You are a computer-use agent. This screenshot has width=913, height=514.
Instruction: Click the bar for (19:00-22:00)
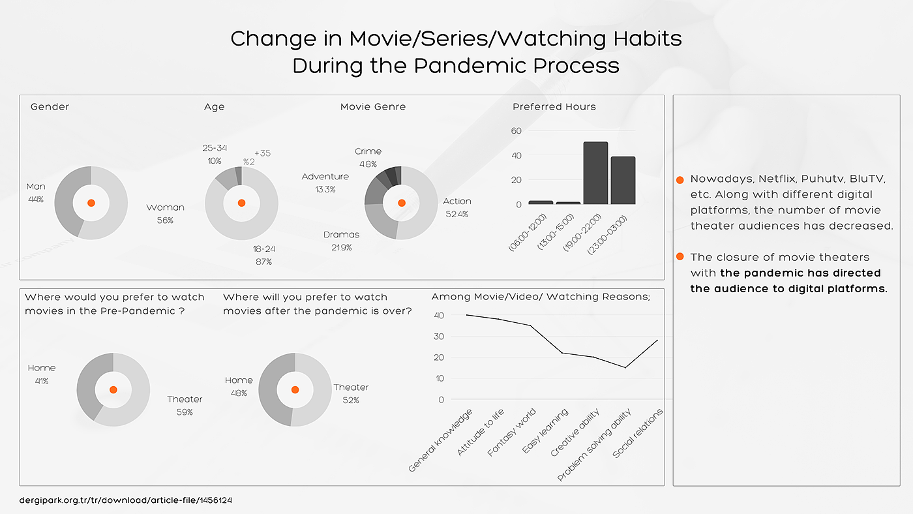coord(595,173)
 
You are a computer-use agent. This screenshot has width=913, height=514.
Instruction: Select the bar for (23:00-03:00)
coord(623,181)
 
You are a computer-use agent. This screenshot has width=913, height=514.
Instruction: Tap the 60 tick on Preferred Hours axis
coord(516,131)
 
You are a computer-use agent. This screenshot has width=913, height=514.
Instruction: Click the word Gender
coord(50,107)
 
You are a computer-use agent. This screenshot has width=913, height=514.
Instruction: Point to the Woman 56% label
coord(165,213)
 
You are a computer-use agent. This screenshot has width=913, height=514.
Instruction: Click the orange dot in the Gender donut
coord(91,203)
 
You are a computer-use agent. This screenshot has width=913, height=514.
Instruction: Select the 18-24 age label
coord(264,255)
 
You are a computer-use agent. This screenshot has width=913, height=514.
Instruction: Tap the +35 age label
coord(262,153)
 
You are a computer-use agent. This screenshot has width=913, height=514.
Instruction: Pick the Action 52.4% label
coord(456,207)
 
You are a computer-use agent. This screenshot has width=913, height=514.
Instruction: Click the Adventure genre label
coord(325,183)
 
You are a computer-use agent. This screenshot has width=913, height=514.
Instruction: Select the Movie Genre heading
coord(373,107)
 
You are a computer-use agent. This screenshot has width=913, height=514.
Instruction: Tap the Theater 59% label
coord(185,405)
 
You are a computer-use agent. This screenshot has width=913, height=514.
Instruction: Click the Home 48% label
coord(239,386)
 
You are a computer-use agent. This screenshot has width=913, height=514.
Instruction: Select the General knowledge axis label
coord(440,442)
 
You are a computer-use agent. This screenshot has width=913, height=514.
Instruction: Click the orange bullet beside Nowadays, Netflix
coord(680,179)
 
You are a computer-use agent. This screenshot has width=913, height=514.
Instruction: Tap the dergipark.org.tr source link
coord(126,500)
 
